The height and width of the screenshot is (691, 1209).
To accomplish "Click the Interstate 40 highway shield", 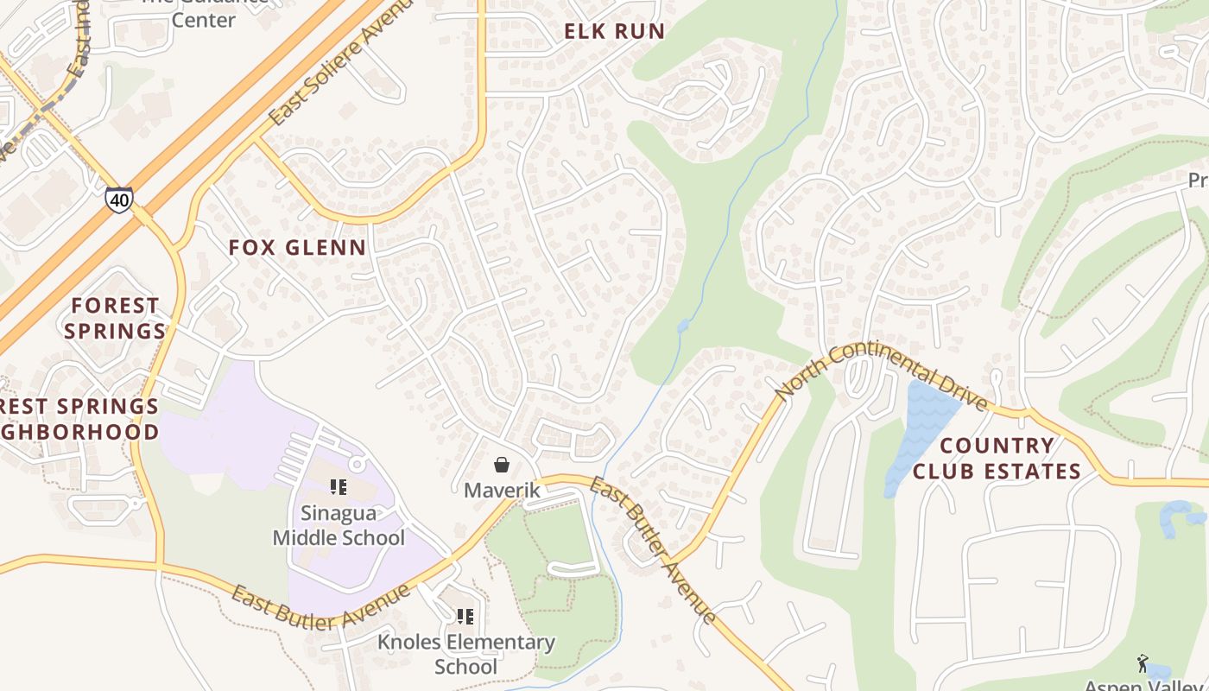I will tap(119, 200).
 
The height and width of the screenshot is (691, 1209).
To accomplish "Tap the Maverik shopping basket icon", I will tap(502, 466).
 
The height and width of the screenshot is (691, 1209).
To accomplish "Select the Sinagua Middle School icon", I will tap(339, 487).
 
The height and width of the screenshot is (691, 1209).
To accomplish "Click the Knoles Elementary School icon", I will tap(465, 617).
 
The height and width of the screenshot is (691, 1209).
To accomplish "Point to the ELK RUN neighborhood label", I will tap(614, 32).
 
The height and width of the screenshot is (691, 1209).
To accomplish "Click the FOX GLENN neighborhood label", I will tap(297, 248).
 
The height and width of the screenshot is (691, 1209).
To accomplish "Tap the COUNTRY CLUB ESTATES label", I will tap(997, 459).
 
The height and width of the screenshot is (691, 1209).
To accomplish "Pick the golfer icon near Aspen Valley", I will tap(1143, 663).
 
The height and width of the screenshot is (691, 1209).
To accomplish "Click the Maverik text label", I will tap(502, 491).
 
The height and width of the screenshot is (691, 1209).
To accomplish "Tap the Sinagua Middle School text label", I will tap(339, 525).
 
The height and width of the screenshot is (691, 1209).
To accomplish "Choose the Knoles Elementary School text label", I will tap(465, 655).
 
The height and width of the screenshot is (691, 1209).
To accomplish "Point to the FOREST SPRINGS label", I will tap(115, 318).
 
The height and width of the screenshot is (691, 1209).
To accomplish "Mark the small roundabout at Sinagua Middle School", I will tap(357, 465).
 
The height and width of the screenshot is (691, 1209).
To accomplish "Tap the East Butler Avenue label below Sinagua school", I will tap(320, 607).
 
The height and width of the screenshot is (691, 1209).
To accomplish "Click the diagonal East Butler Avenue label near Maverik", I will tap(653, 549).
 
